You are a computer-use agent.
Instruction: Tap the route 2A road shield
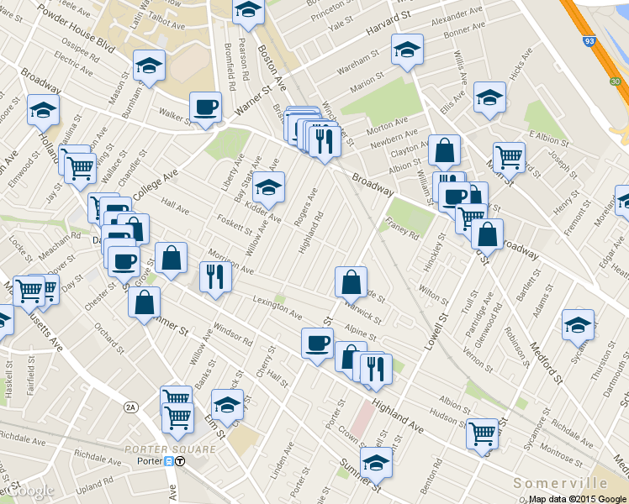click(129, 407)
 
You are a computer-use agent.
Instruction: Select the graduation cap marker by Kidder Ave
click(268, 188)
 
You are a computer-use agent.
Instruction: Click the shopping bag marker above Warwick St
click(351, 282)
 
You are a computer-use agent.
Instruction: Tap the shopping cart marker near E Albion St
click(509, 156)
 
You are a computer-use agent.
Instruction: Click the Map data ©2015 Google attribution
click(578, 499)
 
